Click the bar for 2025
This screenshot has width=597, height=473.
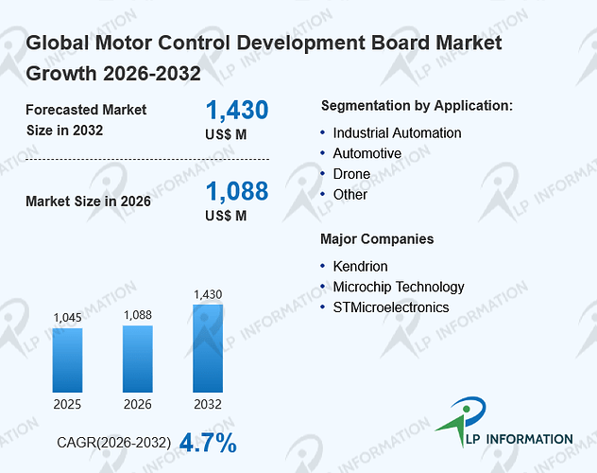(x=67, y=360)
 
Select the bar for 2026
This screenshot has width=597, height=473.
(x=138, y=359)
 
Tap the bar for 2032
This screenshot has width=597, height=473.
(x=208, y=348)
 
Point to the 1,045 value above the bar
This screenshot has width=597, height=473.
(x=67, y=318)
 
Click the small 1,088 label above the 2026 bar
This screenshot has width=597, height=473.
(x=138, y=315)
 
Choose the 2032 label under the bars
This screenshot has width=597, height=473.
(x=208, y=404)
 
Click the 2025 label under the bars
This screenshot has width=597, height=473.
(x=67, y=404)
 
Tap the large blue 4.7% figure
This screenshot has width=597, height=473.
(x=208, y=443)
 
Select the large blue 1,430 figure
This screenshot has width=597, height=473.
(x=237, y=110)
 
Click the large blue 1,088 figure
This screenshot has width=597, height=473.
(x=237, y=191)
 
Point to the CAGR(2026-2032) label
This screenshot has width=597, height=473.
(x=114, y=443)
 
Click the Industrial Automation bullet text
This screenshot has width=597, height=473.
(x=397, y=133)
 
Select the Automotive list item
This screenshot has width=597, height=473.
(x=367, y=153)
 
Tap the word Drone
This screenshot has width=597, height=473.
(x=351, y=174)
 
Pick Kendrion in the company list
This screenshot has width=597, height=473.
(x=360, y=266)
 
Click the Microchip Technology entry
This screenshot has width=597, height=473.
(x=399, y=287)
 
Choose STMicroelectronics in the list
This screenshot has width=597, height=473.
(x=391, y=307)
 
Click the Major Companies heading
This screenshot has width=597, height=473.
(x=377, y=239)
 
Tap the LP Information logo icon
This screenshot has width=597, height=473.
(x=462, y=420)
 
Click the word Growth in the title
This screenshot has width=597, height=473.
(x=60, y=73)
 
